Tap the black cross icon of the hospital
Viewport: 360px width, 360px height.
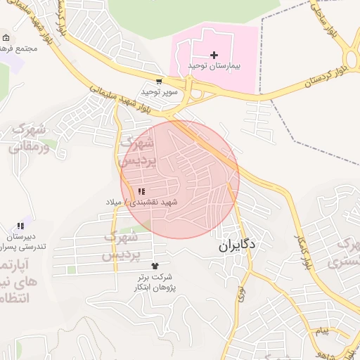[x=214, y=55]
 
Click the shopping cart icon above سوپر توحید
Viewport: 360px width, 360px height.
[x=160, y=82]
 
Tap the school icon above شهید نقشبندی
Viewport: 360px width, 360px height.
[x=141, y=191]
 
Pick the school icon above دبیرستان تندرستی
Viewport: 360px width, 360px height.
[x=20, y=226]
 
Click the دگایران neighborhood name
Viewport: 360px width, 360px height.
[x=237, y=246]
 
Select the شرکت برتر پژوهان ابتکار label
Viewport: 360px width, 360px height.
[x=155, y=283]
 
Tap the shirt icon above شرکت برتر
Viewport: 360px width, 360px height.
[x=155, y=266]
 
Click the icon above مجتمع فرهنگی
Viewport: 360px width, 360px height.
[x=6, y=38]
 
